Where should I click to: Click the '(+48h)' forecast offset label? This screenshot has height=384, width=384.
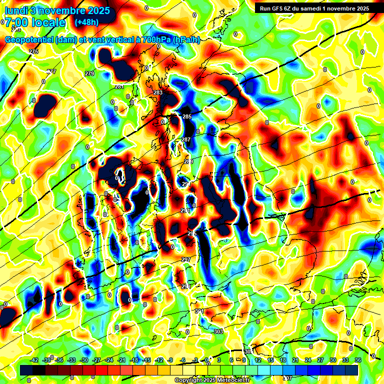[x=86, y=22]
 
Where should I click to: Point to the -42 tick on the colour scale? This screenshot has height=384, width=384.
[x=34, y=360]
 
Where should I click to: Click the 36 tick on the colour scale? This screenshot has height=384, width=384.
[x=358, y=360]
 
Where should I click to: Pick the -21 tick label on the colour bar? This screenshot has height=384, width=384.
[x=121, y=360]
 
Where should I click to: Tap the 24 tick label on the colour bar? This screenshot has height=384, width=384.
[x=308, y=360]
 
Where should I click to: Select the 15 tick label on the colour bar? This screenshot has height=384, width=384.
[x=270, y=360]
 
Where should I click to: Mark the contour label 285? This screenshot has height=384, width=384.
[x=187, y=116]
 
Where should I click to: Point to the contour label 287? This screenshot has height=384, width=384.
[x=186, y=139]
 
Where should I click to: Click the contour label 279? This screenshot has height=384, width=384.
[x=89, y=73]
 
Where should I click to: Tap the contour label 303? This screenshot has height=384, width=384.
[x=218, y=331]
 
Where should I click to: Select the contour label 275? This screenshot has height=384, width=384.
[x=33, y=51]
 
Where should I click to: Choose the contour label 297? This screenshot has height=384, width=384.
[x=186, y=259]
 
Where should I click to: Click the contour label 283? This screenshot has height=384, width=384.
[x=158, y=92]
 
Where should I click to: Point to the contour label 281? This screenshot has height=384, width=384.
[x=119, y=86]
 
